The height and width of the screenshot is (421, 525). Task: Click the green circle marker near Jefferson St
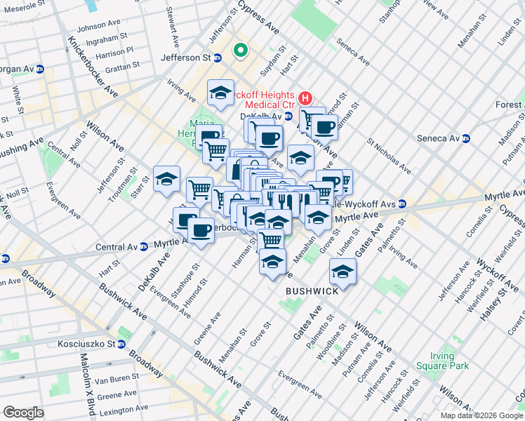tap(240, 50)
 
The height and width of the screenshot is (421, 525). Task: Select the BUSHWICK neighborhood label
tap(312, 290)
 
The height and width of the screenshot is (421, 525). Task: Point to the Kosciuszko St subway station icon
tap(121, 345)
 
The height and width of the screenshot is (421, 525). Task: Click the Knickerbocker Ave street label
tap(93, 67)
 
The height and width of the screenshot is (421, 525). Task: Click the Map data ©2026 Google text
tap(481, 415)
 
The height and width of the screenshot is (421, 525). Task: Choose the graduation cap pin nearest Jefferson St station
tap(220, 93)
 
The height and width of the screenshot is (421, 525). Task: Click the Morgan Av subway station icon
tap(40, 69)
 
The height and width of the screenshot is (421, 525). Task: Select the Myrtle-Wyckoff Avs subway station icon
tap(402, 204)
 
